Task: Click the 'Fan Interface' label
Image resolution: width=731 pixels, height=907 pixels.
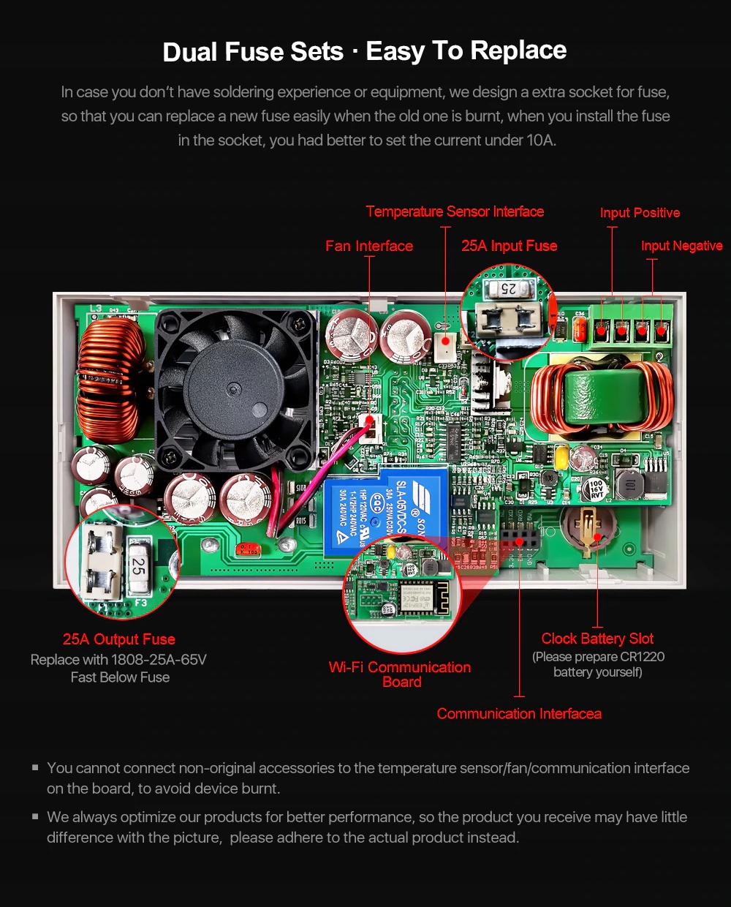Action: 369,246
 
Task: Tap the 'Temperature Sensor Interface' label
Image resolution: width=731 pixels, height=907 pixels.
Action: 455,211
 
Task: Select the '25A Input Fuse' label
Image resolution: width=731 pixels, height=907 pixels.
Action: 509,246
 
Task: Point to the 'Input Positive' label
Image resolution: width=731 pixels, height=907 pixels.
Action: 640,213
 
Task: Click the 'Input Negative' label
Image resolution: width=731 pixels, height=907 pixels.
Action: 681,246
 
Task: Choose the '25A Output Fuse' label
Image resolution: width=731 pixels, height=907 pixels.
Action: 118,639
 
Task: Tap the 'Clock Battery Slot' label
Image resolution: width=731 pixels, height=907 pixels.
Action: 597,639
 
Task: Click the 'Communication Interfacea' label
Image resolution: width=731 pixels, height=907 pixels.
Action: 519,713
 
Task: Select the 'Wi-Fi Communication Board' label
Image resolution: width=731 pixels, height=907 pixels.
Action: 401,674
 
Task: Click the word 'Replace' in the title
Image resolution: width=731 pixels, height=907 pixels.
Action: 518,50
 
